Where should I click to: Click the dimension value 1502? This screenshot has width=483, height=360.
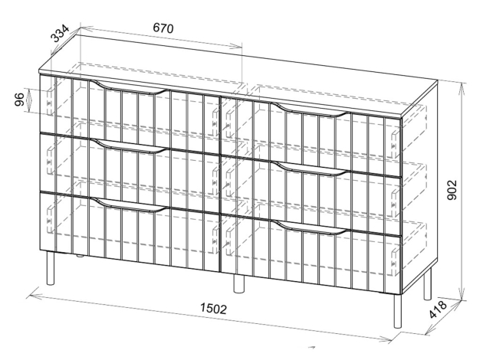click(213, 309)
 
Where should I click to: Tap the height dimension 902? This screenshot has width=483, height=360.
click(452, 190)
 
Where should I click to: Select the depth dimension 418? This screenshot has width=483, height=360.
click(438, 309)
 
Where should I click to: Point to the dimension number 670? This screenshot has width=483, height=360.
click(163, 28)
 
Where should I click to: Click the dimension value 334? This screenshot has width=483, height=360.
click(60, 34)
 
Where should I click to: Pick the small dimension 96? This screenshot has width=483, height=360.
click(19, 99)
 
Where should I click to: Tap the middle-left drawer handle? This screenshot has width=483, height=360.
click(130, 146)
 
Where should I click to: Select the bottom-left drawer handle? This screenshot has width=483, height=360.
click(130, 205)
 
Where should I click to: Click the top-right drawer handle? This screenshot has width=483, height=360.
click(311, 110)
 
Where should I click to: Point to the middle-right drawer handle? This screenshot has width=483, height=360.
click(311, 169)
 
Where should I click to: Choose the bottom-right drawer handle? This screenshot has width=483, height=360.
click(311, 227)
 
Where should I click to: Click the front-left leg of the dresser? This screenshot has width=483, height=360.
click(50, 268)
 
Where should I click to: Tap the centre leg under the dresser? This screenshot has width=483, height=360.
click(238, 283)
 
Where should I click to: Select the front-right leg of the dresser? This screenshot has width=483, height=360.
click(398, 312)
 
